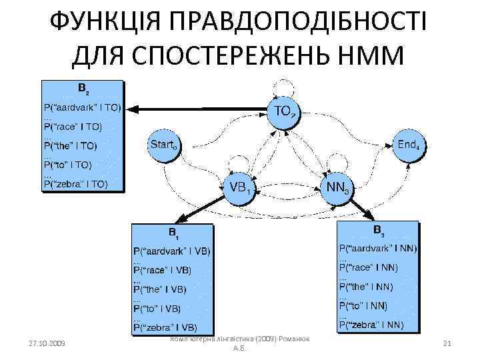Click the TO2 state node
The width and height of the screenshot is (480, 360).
point(283,111)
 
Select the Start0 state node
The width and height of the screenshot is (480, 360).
point(163,145)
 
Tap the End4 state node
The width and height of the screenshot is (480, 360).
point(408,144)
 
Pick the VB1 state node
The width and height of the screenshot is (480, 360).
point(239,187)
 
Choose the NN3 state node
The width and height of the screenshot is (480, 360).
point(337,187)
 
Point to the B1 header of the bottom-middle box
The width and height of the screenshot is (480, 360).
point(173,234)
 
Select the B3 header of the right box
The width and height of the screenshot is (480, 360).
point(378,231)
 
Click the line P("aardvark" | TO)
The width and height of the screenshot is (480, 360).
point(82,107)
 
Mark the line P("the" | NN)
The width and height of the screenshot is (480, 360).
point(366,287)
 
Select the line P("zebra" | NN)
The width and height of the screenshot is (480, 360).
point(371,325)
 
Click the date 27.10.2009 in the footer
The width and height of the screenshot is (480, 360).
point(47,343)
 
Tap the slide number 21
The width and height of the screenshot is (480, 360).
point(447,343)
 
